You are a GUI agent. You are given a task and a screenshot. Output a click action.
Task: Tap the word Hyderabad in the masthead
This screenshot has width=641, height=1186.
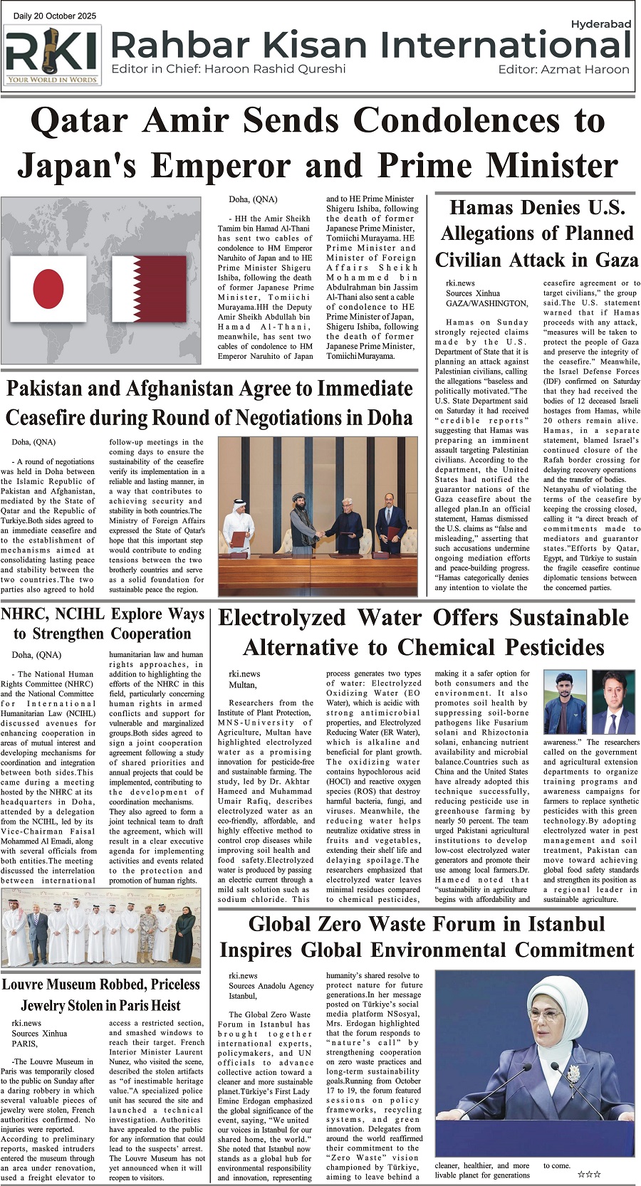[x=600, y=24]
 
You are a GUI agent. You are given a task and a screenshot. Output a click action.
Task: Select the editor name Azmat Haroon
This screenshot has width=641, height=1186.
[x=585, y=69]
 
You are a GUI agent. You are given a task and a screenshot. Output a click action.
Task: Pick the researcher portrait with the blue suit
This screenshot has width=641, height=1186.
[x=613, y=702]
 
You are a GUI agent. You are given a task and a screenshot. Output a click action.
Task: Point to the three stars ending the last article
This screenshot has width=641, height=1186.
[x=588, y=1174]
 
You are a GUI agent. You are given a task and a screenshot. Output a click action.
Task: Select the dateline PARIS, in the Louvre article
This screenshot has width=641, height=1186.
[x=24, y=1044]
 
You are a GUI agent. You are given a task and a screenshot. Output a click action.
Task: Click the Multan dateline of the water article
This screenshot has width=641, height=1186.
[x=242, y=685]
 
